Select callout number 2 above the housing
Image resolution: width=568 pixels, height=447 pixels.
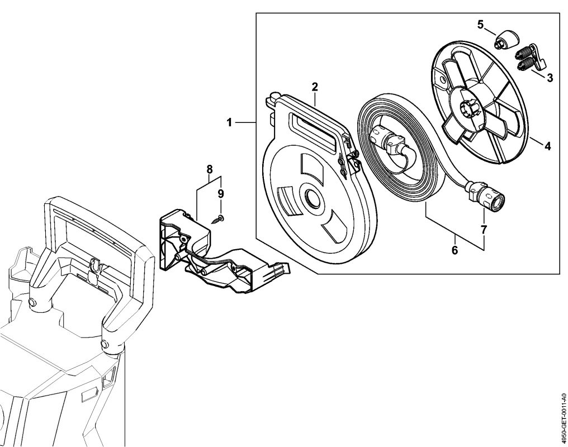(x=315, y=87)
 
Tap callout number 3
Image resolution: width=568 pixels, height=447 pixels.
(x=550, y=78)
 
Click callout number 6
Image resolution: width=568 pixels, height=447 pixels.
(x=455, y=250)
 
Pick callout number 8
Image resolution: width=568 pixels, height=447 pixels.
(x=210, y=168)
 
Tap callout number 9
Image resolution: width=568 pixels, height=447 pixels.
(x=220, y=193)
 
